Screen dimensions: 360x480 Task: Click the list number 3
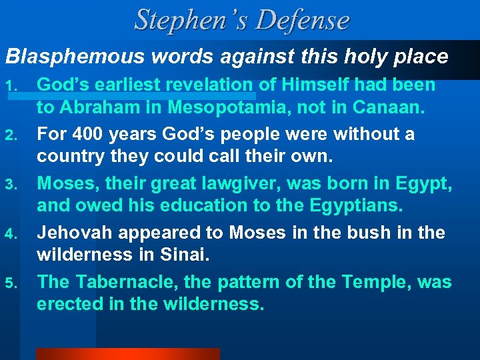pos(12,184)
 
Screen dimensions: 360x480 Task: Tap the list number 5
pos(12,283)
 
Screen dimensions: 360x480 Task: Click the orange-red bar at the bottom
pos(127,354)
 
